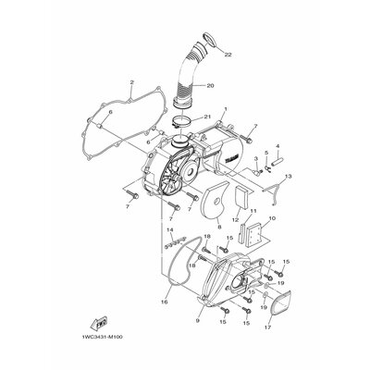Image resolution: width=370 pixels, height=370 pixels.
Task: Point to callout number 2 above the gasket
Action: (132, 81)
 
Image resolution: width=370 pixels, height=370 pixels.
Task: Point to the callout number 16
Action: (165, 301)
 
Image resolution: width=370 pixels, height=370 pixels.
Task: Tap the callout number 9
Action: (197, 321)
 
